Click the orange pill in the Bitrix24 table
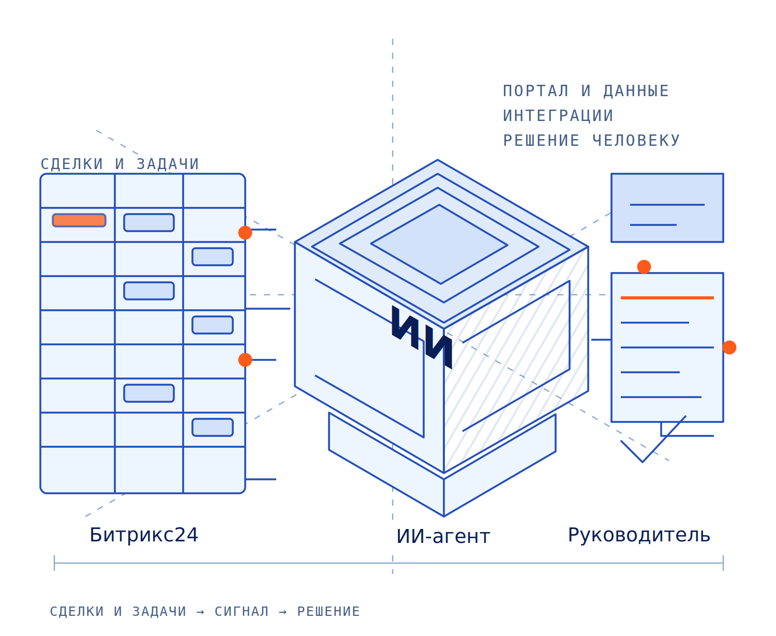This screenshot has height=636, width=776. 79,220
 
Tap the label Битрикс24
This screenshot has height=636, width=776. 144,535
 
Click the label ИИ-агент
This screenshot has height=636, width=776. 443,536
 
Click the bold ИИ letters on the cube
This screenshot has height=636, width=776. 422,337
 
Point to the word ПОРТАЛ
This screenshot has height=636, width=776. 535,91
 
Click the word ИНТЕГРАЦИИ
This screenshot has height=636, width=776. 558,115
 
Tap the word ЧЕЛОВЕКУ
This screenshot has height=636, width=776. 636,140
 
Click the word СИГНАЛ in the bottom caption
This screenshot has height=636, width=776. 242,611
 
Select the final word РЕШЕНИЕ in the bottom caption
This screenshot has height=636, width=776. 328,611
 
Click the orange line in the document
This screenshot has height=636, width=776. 667,298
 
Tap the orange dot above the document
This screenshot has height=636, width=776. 644,267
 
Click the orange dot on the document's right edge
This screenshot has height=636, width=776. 729,347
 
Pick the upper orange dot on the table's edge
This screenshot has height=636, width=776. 245,233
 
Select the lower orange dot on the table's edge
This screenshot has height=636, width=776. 245,360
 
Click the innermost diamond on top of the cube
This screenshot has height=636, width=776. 439,244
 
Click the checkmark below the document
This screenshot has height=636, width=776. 642,461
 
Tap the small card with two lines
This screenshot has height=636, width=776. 667,208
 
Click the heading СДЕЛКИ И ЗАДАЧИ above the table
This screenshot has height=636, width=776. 120,164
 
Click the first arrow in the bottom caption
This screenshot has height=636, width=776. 200,612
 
